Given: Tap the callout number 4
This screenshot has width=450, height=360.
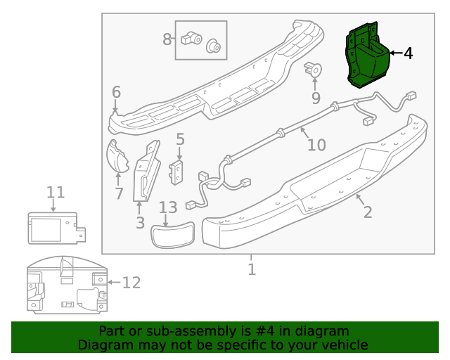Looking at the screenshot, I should point(409,53).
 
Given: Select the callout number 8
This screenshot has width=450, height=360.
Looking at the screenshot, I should point(167,39).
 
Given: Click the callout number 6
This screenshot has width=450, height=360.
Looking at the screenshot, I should point(116,92).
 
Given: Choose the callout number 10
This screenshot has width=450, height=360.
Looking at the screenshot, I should point(316,144).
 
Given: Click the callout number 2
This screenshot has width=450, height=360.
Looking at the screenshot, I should point(367,212).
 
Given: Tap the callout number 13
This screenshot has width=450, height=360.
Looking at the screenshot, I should point(168,208).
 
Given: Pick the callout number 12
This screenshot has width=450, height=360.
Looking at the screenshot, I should point(131,283).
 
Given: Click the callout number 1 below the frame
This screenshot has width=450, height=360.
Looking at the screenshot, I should point(251,269).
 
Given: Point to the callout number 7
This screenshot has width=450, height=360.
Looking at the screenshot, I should point(119,193).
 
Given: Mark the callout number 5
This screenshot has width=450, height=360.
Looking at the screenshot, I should point(180,139).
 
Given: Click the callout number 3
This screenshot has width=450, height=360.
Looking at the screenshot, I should point(140,223).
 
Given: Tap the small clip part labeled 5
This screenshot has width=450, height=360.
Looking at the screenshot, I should point(176,171).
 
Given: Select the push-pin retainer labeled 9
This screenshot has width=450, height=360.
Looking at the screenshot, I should point(314,69).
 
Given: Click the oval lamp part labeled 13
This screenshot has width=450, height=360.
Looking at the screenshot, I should point(174,235).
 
